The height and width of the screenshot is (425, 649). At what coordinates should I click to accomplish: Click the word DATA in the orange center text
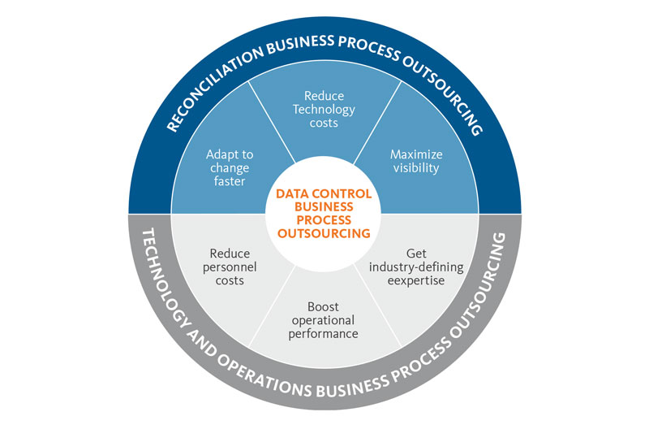(293, 194)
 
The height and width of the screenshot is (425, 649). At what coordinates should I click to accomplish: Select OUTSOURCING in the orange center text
(324, 233)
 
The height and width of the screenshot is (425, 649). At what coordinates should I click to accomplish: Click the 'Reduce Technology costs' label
(324, 109)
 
